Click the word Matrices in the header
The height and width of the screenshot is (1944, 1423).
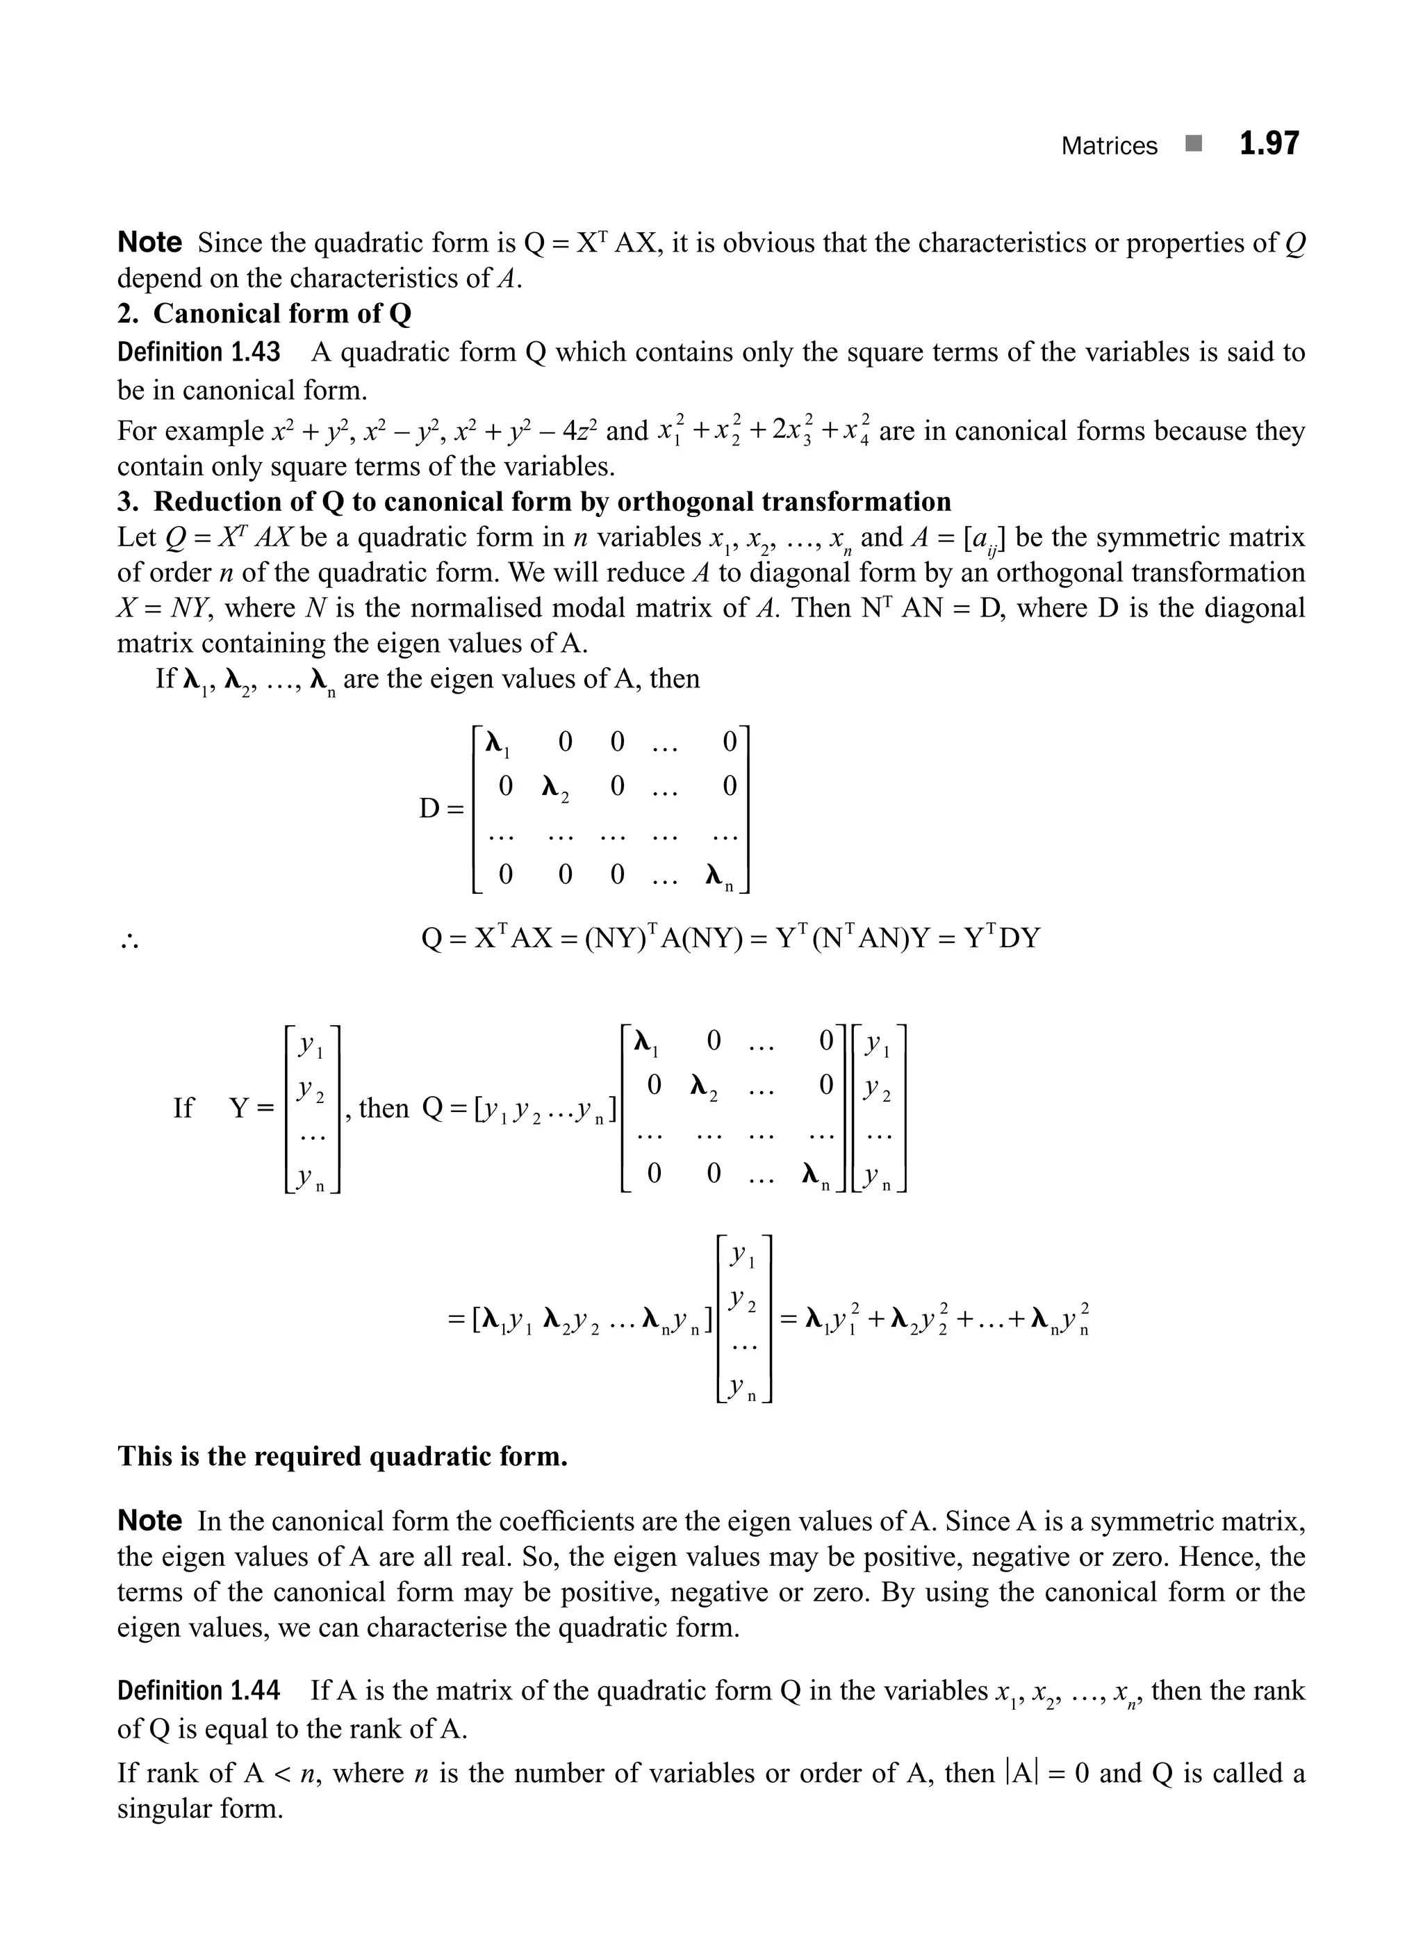(1109, 147)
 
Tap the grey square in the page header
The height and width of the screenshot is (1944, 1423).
(1192, 144)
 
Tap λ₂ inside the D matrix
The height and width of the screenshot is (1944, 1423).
(554, 787)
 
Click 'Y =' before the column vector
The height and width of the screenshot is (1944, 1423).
(252, 1108)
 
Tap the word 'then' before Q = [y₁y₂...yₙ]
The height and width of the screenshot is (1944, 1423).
(384, 1108)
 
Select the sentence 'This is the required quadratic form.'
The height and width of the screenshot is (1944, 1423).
(342, 1456)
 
